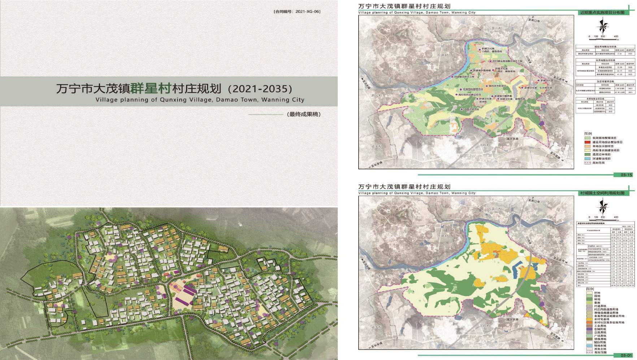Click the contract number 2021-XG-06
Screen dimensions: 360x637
307,12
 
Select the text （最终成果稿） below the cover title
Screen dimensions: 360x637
303,114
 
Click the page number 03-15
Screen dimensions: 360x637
626,175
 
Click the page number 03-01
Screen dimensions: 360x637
626,355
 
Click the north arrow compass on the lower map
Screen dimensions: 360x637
603,207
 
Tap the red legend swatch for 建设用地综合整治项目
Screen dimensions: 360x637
588,142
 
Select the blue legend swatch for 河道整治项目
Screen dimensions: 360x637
588,159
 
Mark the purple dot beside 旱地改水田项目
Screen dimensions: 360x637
487,86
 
